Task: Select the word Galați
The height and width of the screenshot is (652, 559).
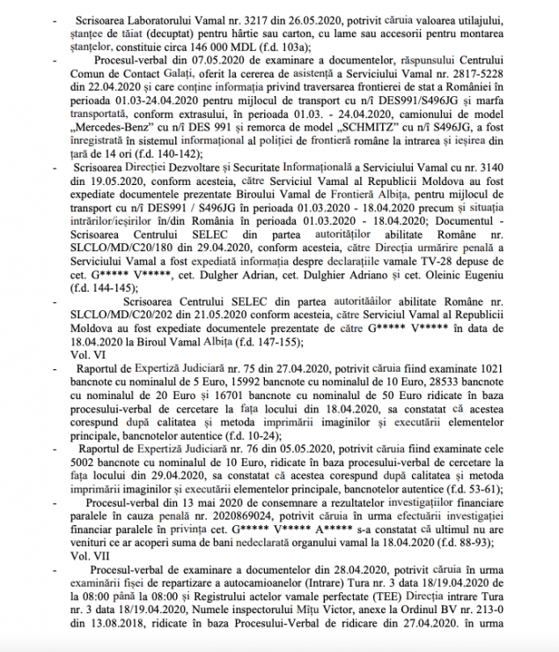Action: pyautogui.click(x=182, y=80)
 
